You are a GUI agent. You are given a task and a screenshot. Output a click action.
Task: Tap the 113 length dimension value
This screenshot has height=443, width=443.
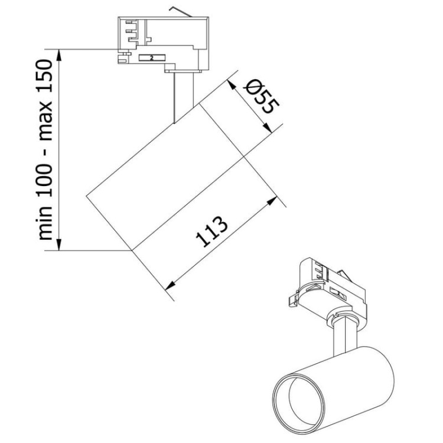click(x=211, y=233)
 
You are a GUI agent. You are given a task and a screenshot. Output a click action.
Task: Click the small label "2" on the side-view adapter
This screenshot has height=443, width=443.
click(x=152, y=58)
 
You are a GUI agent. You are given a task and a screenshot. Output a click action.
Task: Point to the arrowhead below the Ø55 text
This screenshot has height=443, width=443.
click(x=269, y=128)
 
